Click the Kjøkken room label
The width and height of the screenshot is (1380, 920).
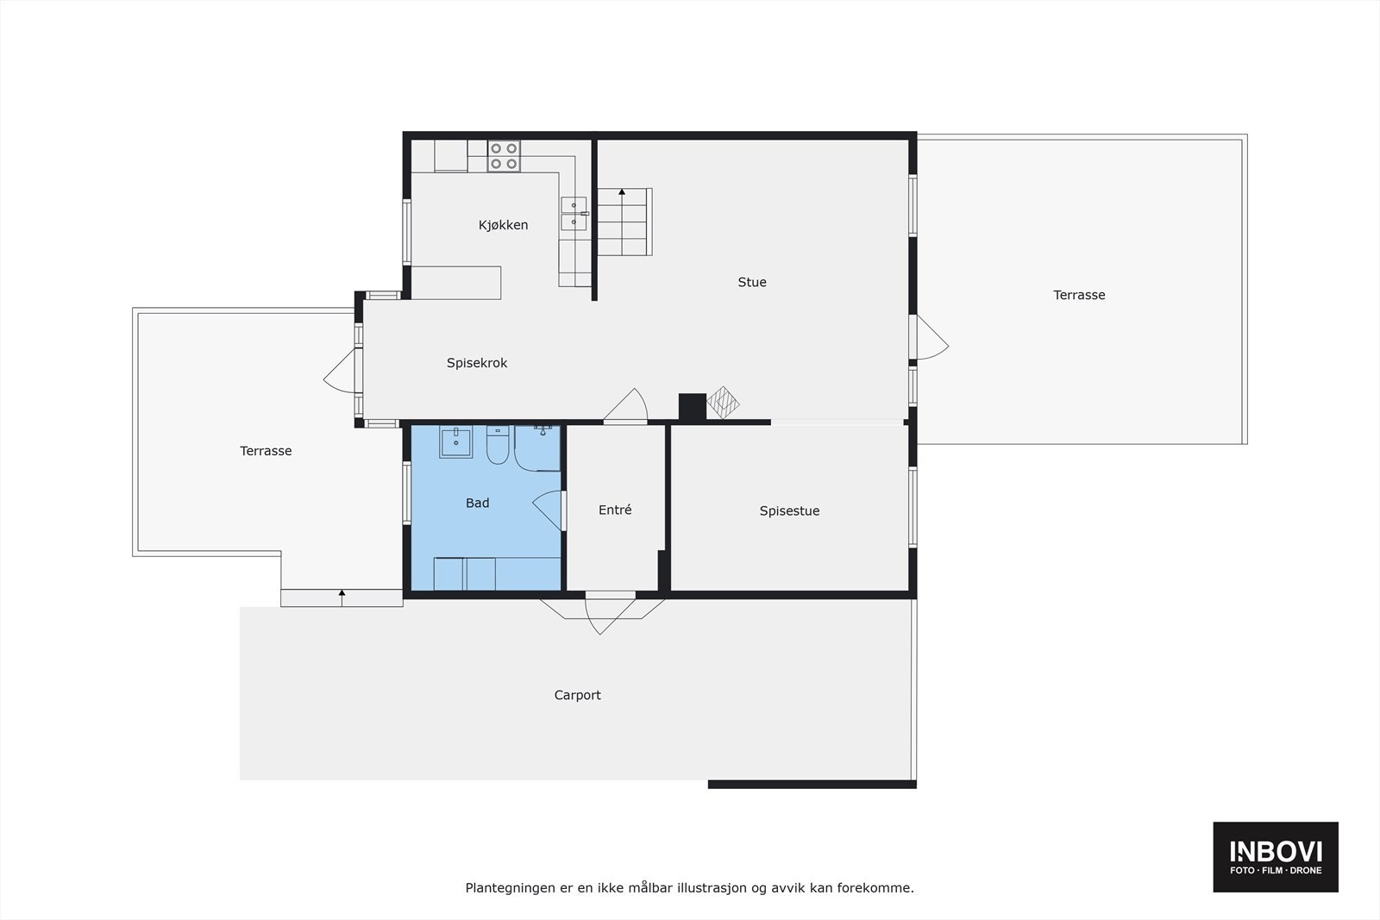(x=503, y=225)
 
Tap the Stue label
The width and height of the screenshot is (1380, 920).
(x=751, y=282)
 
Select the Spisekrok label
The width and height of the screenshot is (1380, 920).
(x=476, y=363)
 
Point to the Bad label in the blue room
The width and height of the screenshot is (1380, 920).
(x=477, y=503)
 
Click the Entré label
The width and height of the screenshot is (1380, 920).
(x=615, y=510)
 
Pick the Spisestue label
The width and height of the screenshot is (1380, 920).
(x=789, y=510)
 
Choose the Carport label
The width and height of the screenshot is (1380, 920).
(x=577, y=695)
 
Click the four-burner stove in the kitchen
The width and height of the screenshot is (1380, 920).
(x=504, y=156)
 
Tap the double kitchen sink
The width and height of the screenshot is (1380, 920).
(x=574, y=214)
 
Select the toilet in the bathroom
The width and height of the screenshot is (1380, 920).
(x=498, y=445)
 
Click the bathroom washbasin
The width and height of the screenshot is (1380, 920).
(x=455, y=441)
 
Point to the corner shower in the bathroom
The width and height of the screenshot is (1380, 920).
(x=537, y=447)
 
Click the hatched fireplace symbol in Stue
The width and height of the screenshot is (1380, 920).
(x=723, y=403)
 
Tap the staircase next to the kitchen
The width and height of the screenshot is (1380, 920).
(x=624, y=222)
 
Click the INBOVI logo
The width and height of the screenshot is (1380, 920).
(x=1276, y=856)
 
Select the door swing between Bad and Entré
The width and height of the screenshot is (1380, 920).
(x=549, y=510)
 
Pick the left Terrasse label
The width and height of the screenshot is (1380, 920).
(x=266, y=450)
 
